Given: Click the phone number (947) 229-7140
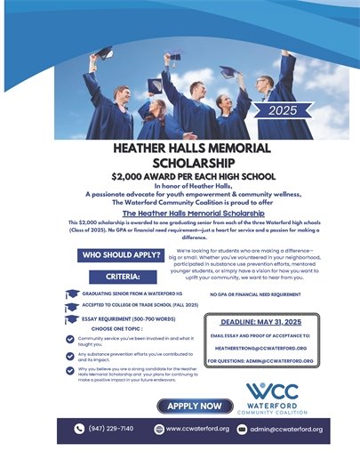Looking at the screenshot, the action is click(110, 429).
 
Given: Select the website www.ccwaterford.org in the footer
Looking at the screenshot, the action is click(198, 429).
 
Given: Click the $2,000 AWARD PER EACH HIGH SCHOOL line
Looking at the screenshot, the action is click(180, 177).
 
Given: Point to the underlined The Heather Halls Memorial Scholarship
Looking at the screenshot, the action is click(180, 213).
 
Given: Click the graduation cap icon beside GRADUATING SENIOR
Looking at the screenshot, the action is click(71, 293).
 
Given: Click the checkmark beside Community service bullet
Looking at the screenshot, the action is click(70, 339).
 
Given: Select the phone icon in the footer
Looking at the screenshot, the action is click(78, 429).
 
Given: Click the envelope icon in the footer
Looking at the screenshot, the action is click(239, 429).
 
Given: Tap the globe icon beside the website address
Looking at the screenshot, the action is click(157, 429).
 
